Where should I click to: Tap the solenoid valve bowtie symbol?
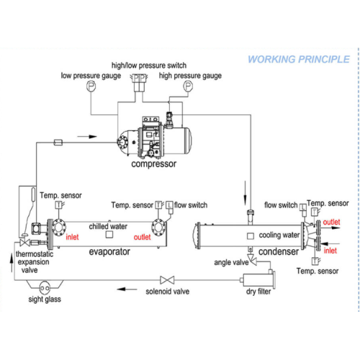pyautogui.click(x=167, y=280)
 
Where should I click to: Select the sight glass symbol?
pyautogui.click(x=45, y=288)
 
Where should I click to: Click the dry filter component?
pyautogui.click(x=258, y=279)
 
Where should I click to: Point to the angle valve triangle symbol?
pyautogui.click(x=253, y=260)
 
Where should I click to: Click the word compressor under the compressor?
pyautogui.click(x=153, y=164)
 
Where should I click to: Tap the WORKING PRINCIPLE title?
pyautogui.click(x=299, y=59)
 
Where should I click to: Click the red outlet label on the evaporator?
pyautogui.click(x=142, y=237)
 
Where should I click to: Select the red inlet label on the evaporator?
pyautogui.click(x=72, y=237)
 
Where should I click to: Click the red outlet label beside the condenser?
pyautogui.click(x=331, y=222)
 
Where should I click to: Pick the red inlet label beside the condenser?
pyautogui.click(x=330, y=251)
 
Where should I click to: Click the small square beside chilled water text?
pyautogui.click(x=109, y=235)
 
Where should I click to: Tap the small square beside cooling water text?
pyautogui.click(x=251, y=236)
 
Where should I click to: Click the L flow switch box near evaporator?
pyautogui.click(x=169, y=205)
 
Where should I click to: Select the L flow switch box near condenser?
pyautogui.click(x=303, y=207)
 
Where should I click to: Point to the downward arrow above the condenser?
pyautogui.click(x=245, y=194)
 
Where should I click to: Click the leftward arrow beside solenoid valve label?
pyautogui.click(x=127, y=289)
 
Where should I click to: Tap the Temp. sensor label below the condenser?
pyautogui.click(x=318, y=271)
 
